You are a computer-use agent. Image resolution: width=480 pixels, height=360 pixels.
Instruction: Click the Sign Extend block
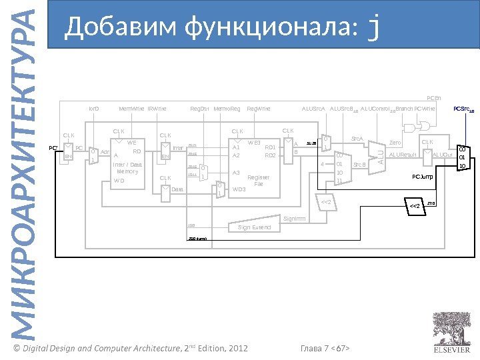coord(254,227)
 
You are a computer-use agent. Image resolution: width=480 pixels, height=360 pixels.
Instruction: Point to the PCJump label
coord(422,177)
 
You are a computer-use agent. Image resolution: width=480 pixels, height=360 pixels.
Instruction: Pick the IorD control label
coord(94,107)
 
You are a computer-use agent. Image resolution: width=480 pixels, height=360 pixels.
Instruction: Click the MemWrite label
coord(131,107)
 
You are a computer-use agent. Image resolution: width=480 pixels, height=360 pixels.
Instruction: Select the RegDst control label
coord(199,107)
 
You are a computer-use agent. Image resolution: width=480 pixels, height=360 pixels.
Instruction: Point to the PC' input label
coord(54,147)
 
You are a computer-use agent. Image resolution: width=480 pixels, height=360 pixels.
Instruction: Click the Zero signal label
coord(395,143)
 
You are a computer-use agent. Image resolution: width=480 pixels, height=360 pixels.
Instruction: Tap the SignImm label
coord(294,218)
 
